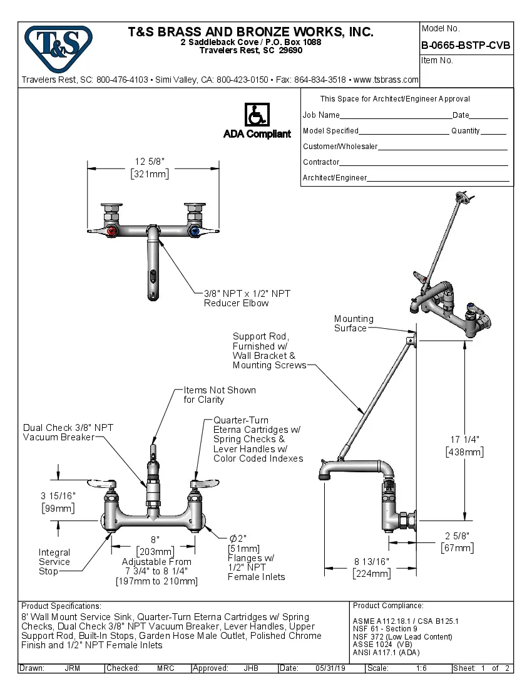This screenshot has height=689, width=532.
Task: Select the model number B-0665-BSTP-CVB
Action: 466,45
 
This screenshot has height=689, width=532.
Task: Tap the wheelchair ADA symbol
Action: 257,115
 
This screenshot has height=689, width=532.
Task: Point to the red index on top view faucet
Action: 112,232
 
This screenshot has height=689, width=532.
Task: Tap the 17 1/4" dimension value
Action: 464,440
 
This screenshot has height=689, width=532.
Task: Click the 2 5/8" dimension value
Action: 456,536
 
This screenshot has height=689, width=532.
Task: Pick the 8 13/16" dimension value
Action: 371,562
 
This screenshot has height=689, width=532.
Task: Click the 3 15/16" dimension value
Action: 58,495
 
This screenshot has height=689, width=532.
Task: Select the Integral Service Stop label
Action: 54,562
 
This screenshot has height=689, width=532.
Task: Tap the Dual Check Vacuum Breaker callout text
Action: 68,432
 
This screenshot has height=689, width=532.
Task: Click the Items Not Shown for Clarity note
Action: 219,395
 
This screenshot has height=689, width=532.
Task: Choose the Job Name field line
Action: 396,115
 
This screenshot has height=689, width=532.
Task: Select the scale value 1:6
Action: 421,668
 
